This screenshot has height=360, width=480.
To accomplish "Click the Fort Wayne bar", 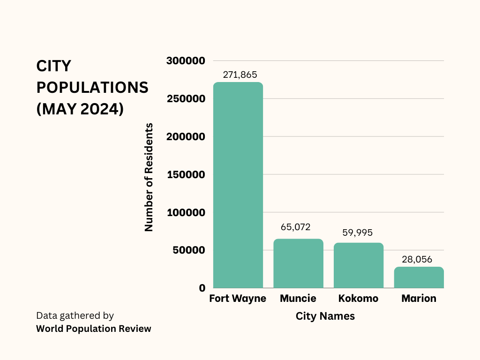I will point(238,185).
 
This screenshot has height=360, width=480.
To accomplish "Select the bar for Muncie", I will point(298,263).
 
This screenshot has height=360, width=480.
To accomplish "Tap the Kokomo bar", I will point(359,265).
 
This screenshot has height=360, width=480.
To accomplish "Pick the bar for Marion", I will point(419,277).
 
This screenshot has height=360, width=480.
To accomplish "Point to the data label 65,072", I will point(295,227).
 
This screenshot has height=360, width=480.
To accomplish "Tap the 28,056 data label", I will point(417,259).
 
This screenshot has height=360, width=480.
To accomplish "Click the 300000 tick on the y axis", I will point(186,61).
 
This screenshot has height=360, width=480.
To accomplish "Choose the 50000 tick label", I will point(188,250).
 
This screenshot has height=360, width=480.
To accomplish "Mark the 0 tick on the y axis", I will point(202,288).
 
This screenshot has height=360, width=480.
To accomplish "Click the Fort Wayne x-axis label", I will point(238,299).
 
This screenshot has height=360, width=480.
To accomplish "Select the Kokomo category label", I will point(358,299).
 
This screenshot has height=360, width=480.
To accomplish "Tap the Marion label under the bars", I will point(419,299).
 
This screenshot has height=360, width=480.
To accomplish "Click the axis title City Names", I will point(325,316).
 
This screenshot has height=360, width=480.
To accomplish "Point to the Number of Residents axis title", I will point(149,177).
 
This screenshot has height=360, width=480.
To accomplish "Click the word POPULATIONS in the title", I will point(92,88).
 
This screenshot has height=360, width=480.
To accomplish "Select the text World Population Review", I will point(94,329).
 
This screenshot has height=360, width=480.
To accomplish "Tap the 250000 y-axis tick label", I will point(186,99).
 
